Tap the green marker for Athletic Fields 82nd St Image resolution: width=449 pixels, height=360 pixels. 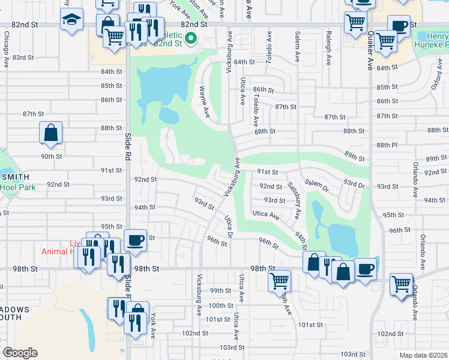tap(191, 40)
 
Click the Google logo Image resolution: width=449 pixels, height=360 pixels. tap(20, 353)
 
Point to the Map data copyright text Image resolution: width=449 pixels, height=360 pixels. tap(423, 355)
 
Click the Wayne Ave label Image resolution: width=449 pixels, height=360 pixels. tap(204, 101)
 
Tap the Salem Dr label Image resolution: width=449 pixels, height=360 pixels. tap(317, 182)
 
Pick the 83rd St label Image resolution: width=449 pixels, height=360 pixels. tap(23, 57)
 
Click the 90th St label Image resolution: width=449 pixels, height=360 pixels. tap(52, 156)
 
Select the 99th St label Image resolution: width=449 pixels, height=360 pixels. tap(220, 290)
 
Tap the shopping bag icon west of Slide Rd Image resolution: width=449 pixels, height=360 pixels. tap(51, 134)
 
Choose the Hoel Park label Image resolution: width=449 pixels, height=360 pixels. tap(18, 187)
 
